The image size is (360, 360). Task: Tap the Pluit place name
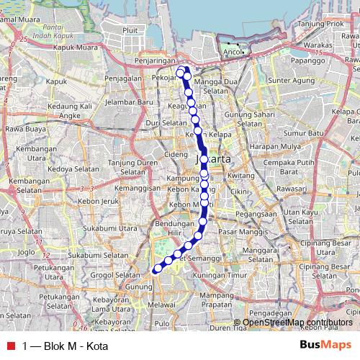130,30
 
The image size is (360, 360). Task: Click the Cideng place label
176,154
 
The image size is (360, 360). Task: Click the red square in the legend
11,346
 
